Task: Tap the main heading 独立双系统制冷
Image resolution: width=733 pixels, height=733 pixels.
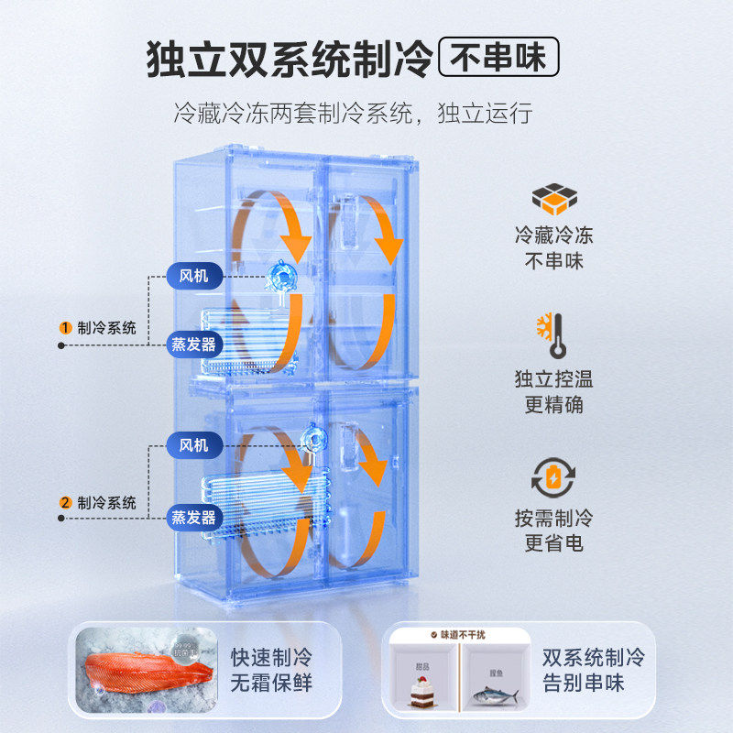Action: point(290,60)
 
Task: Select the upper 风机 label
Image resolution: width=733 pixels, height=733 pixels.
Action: point(194,273)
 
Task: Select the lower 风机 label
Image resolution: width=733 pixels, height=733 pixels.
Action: point(194,446)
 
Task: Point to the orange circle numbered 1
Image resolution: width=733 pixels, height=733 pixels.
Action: point(66,328)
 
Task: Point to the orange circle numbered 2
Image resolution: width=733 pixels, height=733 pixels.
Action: point(66,502)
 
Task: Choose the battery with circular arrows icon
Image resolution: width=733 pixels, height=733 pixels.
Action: point(553,477)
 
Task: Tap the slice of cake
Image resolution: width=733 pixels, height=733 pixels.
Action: point(422,688)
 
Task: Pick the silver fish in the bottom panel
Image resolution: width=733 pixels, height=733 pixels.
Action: point(493,694)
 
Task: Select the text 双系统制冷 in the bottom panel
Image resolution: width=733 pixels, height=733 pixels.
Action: point(593,657)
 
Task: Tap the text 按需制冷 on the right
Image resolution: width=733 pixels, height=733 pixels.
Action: point(553,518)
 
